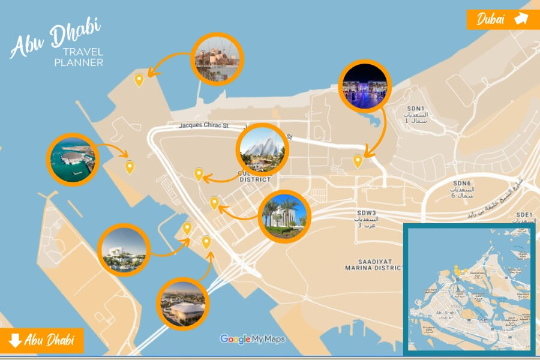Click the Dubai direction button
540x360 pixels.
503,19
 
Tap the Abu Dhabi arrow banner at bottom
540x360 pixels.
42,341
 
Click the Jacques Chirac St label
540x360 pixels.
204,126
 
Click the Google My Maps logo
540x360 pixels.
252,339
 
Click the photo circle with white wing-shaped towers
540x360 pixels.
263,149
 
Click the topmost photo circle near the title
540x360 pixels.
216,58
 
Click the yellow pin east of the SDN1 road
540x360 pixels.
358,160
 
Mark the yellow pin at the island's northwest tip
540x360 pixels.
139,79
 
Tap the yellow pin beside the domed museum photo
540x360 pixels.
130,167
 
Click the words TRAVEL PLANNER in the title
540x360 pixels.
78,57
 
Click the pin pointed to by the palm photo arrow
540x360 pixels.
214,203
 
